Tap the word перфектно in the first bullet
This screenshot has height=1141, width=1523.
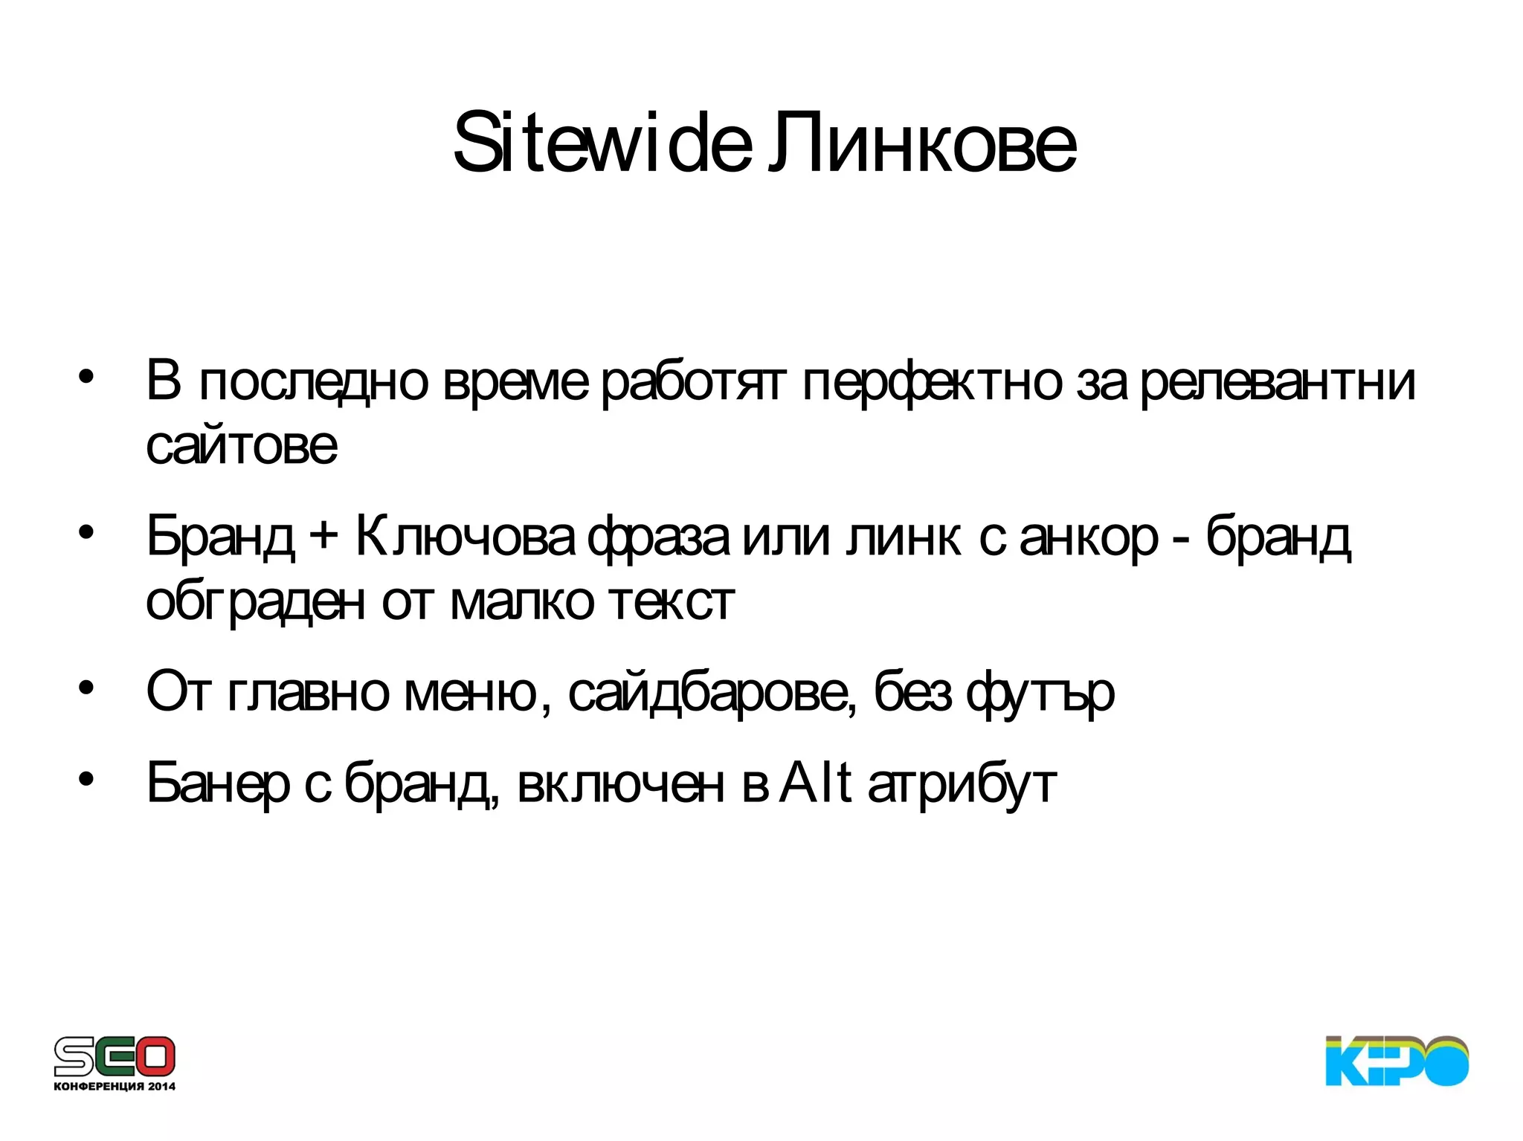pos(932,382)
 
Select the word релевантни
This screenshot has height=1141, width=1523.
pos(1278,382)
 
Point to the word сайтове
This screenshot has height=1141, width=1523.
pos(242,446)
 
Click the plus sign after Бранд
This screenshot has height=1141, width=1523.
pos(323,537)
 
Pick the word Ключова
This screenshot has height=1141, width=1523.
pos(465,537)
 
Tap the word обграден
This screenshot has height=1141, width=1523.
pos(255,602)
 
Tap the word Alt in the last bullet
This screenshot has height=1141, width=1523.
pos(815,783)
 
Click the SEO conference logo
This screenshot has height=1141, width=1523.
pos(115,1056)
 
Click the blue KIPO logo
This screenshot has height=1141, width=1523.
pos(1397,1060)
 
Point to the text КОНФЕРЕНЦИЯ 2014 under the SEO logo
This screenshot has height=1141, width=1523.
pos(115,1086)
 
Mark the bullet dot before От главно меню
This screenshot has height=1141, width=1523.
pos(87,688)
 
